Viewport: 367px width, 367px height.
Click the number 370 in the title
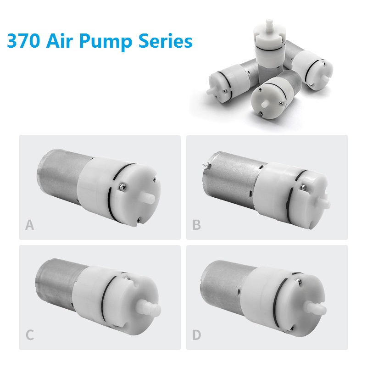point(23,41)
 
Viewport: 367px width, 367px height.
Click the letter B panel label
point(197,225)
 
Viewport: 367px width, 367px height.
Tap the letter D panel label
point(197,335)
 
